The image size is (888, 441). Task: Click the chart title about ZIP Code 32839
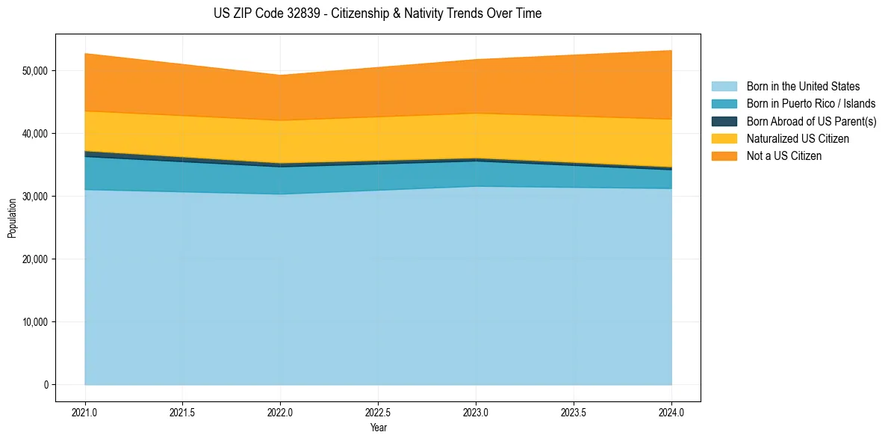377,13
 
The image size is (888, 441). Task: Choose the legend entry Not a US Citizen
783,156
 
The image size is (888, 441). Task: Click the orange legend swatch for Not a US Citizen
724,156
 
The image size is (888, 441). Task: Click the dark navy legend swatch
724,121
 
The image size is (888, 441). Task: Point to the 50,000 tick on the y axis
34,71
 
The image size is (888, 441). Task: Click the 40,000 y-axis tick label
34,134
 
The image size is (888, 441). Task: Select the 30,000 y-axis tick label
34,197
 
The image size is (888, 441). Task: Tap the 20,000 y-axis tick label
34,259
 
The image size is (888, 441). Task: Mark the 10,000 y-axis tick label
34,322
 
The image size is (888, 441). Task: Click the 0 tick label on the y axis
45,385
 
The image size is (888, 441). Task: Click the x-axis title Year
378,428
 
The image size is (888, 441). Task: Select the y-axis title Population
12,218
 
